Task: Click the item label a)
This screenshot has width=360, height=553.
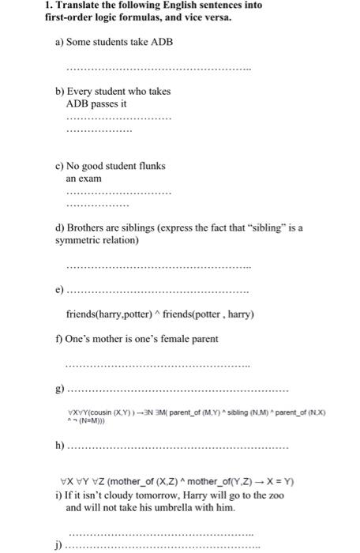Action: click(x=59, y=41)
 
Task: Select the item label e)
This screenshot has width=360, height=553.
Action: click(x=59, y=291)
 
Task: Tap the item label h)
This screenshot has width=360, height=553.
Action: click(x=59, y=448)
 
